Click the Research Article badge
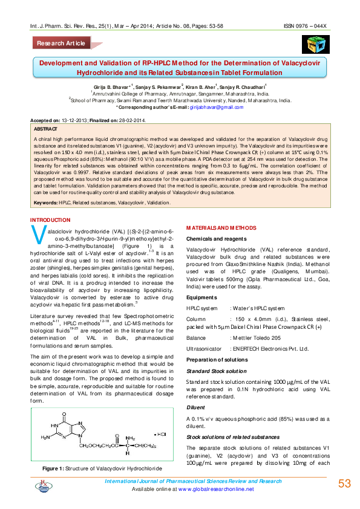click(x=61, y=44)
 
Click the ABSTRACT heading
click(x=45, y=129)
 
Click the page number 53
click(x=344, y=484)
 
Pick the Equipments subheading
click(x=201, y=297)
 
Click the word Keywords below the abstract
click(x=46, y=203)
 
